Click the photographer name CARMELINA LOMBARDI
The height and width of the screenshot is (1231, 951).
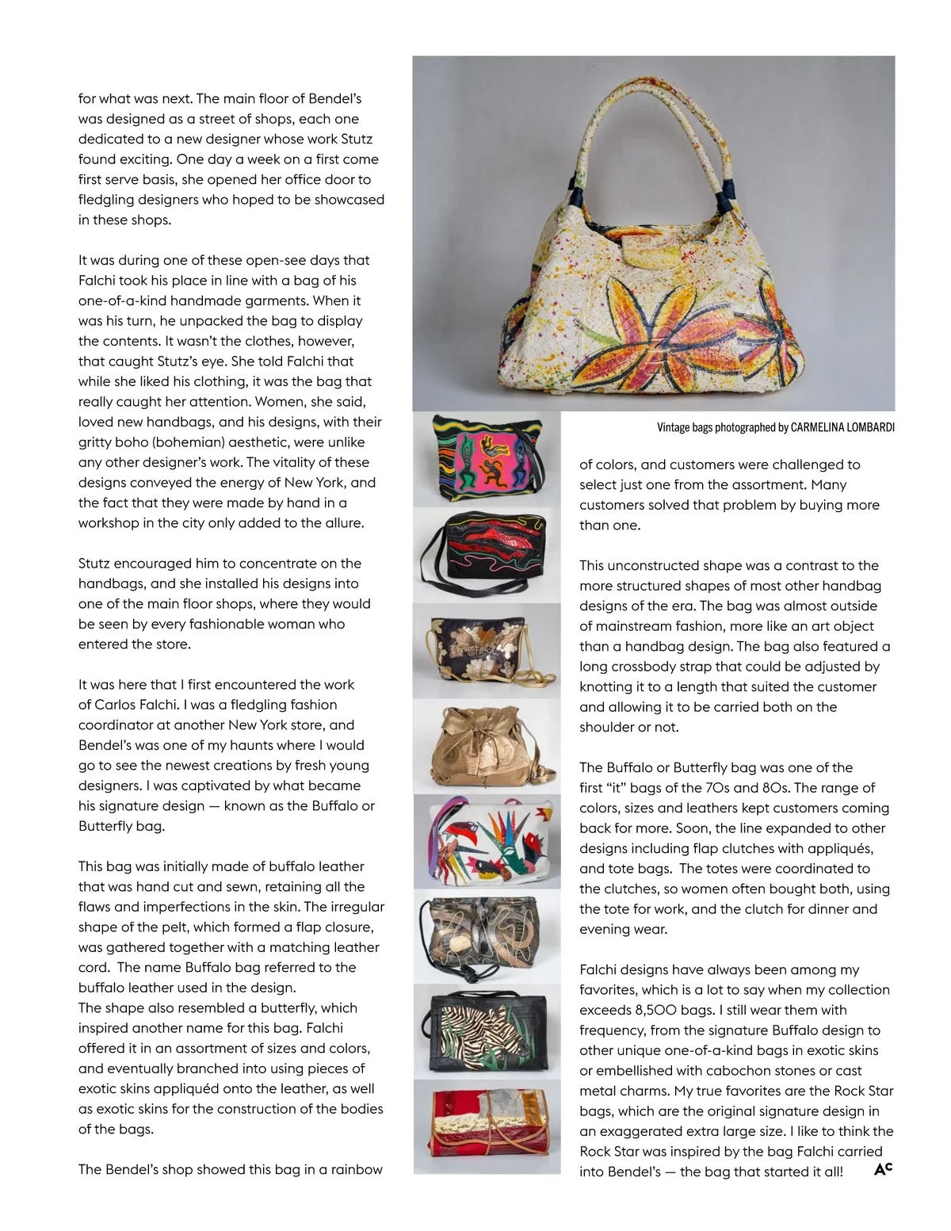coord(842,428)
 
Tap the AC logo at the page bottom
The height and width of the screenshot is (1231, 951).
coord(883,1169)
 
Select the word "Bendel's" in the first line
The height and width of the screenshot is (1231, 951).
coord(334,99)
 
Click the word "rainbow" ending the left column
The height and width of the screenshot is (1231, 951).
coord(357,1170)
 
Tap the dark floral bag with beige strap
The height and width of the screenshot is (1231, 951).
coord(485,651)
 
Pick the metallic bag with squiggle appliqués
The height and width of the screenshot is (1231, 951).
coord(485,937)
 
